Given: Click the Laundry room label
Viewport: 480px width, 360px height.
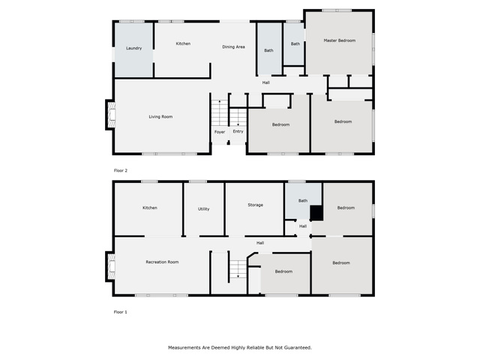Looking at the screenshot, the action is [133, 48].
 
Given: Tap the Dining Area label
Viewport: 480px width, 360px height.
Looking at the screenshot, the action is [233, 46].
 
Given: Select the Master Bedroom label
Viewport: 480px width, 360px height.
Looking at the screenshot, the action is [340, 40].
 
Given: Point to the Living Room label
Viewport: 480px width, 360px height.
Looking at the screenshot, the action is [160, 117].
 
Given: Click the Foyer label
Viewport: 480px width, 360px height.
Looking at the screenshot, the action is [220, 132].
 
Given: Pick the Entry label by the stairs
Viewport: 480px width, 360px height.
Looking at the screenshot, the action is [238, 131].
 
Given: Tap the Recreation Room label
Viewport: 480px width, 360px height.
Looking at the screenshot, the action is [162, 262].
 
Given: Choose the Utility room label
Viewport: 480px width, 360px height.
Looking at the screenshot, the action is [203, 209].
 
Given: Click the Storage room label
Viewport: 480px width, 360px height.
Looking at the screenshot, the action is [255, 205].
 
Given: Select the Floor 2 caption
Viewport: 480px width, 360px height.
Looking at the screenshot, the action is [120, 170].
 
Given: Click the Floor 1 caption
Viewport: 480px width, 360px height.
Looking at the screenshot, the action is [120, 312].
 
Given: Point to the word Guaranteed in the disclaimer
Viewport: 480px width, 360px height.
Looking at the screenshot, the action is [298, 347].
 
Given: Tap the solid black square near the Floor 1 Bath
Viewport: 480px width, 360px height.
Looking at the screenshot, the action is [316, 213].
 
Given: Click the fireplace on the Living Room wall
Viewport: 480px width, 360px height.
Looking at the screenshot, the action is [111, 115].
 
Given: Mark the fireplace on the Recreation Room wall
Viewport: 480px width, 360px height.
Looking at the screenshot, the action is [111, 266].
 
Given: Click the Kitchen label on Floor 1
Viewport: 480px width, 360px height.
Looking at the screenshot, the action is [150, 208].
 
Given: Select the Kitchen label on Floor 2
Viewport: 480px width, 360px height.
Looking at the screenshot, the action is [183, 43].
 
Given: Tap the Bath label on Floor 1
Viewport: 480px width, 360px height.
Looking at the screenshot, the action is [303, 201].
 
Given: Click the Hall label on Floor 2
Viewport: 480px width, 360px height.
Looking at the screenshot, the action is [265, 82].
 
